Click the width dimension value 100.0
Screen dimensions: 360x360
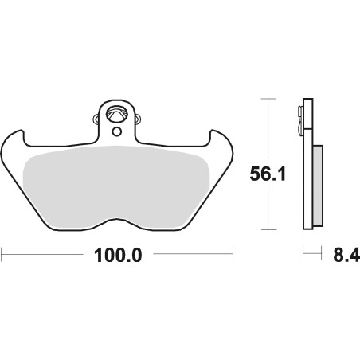click(118, 256)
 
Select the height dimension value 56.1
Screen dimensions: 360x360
click(268, 174)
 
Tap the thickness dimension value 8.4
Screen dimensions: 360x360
click(346, 256)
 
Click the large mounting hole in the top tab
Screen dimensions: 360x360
click(116, 114)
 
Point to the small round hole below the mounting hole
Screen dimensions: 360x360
click(116, 131)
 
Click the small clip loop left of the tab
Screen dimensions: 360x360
click(96, 119)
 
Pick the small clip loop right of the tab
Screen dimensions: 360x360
click(138, 119)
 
